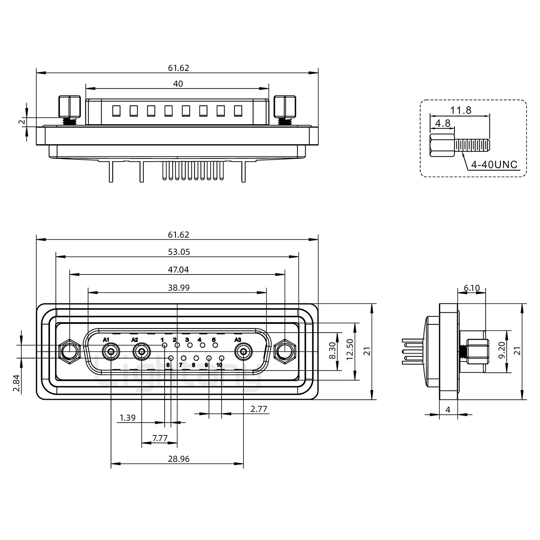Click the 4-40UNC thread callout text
494,164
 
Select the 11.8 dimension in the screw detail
460,110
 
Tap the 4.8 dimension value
442,123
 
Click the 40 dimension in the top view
178,84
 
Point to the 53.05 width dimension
178,252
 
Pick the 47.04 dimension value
178,269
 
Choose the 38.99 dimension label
178,287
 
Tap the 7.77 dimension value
160,438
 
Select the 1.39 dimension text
127,417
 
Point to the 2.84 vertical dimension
16,383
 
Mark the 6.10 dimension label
472,288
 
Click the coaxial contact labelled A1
111,352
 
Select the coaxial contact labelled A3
243,352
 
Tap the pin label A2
135,340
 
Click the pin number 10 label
219,364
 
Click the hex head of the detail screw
437,145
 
